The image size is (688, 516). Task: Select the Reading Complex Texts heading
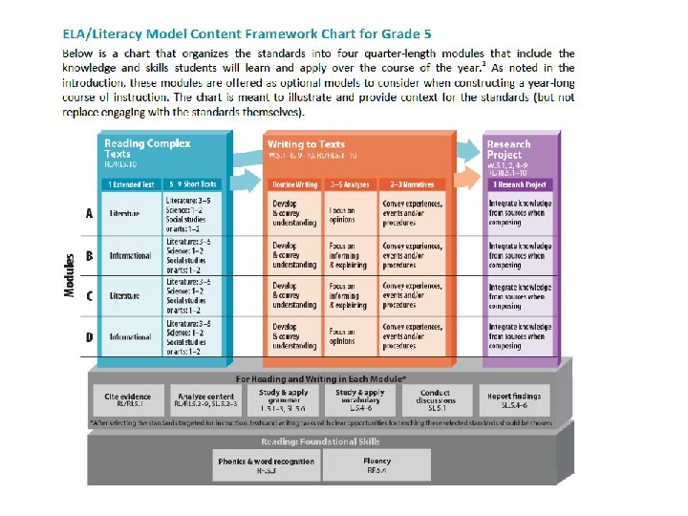point(147,148)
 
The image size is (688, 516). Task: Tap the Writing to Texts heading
point(306,144)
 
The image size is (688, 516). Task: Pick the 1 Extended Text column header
point(131,183)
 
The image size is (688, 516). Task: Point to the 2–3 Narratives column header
point(412,183)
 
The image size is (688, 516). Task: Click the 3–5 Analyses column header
point(350,183)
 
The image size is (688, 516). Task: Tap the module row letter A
point(89,213)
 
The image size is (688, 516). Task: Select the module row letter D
point(89,336)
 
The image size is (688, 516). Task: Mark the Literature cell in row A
point(124,213)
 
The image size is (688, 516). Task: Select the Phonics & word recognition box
point(265,465)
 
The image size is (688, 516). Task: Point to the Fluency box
point(375,465)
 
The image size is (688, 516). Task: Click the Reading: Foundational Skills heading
point(320,441)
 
